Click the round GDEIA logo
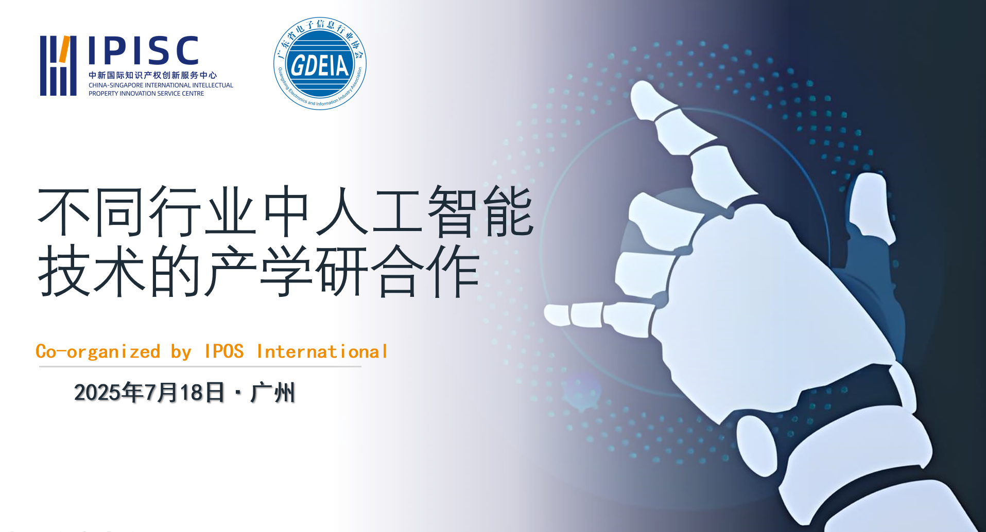click(x=320, y=63)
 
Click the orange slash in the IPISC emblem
click(x=64, y=49)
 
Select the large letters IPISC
click(x=144, y=50)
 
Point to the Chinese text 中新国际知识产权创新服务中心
click(x=153, y=75)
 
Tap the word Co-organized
click(x=98, y=351)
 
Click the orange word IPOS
click(x=224, y=351)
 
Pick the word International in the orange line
click(x=322, y=351)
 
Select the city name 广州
click(x=273, y=393)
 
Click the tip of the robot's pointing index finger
click(x=546, y=314)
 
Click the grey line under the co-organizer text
click(x=200, y=366)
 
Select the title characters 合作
click(x=425, y=271)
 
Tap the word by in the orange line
click(x=181, y=352)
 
